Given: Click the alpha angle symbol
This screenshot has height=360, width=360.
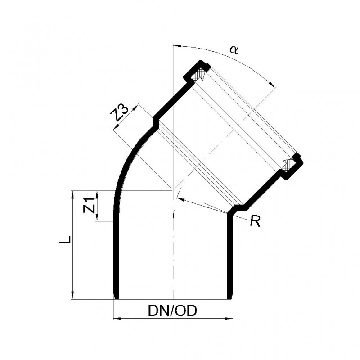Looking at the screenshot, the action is [234, 49].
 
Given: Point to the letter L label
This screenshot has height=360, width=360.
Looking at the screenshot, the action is [65, 240].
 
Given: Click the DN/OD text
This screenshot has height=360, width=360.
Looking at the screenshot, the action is [173, 311].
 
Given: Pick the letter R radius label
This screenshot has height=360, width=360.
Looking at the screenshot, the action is [255, 221].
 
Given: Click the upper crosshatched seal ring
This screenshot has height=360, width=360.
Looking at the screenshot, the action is [198, 74].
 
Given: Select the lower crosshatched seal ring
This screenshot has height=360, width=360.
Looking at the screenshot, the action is [288, 165].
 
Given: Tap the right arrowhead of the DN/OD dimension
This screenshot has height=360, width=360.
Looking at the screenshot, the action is [229, 319].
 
